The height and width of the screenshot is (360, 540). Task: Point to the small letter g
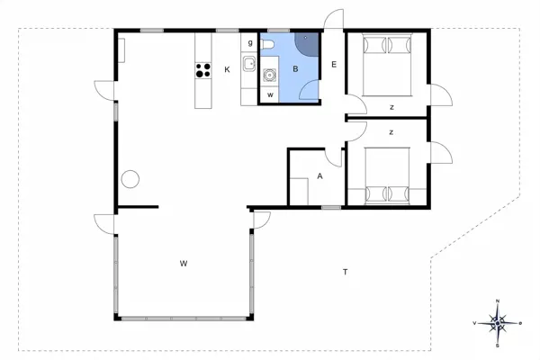(249, 42)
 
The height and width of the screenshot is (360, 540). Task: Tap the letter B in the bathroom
(293, 68)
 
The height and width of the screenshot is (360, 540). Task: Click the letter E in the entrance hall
(333, 65)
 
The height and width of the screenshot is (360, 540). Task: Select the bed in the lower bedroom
(388, 176)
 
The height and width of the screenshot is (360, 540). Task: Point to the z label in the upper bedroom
(391, 107)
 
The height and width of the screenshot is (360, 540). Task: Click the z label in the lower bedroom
(391, 131)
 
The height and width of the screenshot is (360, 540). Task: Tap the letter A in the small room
(319, 176)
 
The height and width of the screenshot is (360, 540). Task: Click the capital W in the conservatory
(183, 263)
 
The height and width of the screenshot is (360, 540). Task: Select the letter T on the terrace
(345, 271)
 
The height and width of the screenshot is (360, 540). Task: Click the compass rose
(498, 320)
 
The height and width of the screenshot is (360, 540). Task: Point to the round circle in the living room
(130, 178)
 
